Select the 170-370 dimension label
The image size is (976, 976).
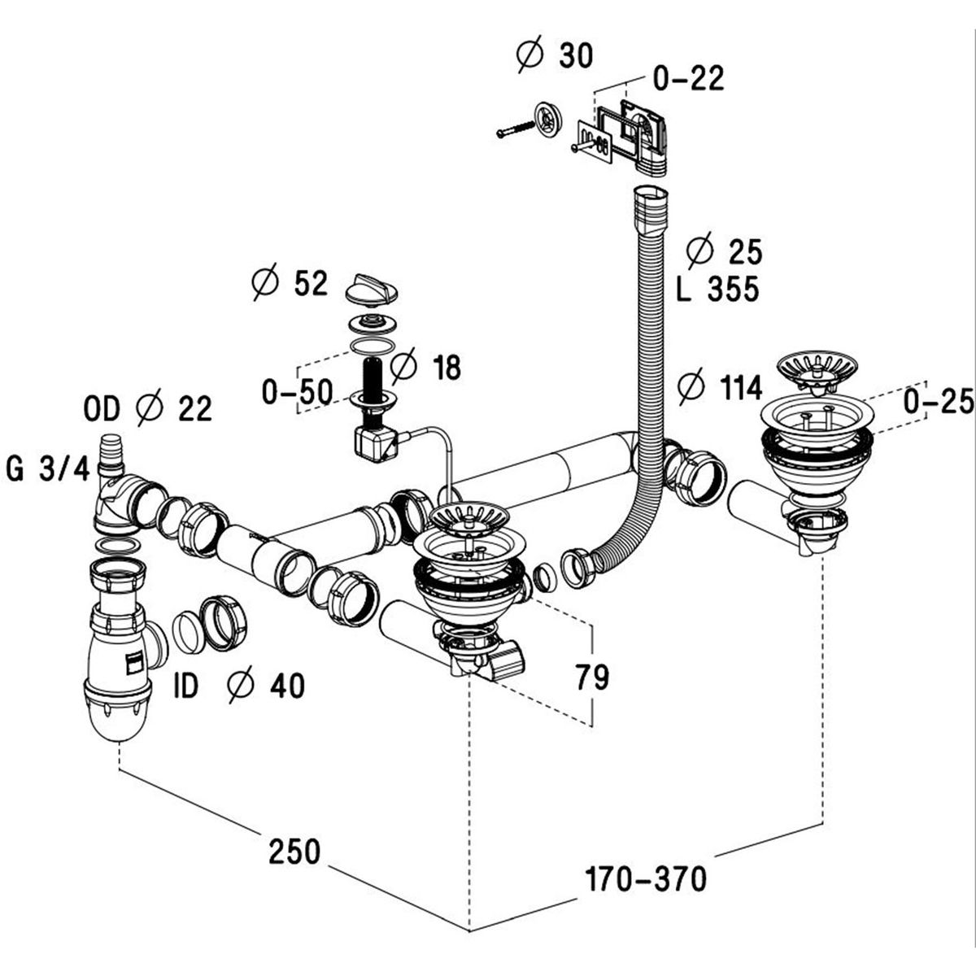[x=646, y=878]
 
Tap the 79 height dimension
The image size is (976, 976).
[x=591, y=678]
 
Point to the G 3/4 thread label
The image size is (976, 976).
[x=46, y=469]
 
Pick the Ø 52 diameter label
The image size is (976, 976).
[x=290, y=284]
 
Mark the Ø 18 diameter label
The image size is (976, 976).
[x=425, y=368]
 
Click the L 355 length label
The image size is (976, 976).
[x=717, y=289]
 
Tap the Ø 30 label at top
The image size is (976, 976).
[x=555, y=55]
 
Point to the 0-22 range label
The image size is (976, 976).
[x=688, y=79]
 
